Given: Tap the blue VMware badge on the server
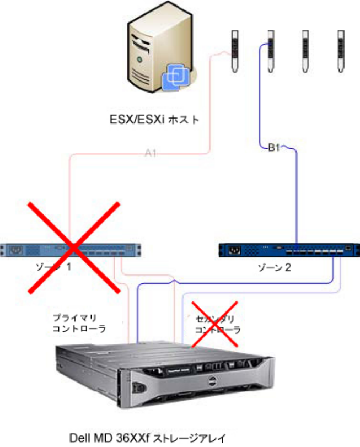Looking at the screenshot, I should (x=177, y=77).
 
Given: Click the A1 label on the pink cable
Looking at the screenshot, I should (x=151, y=154).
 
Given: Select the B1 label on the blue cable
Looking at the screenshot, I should (x=275, y=147).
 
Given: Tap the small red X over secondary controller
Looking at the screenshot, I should (x=214, y=325).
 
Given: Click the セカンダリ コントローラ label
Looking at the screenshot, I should (x=218, y=325).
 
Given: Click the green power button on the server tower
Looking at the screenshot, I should (x=140, y=57).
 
